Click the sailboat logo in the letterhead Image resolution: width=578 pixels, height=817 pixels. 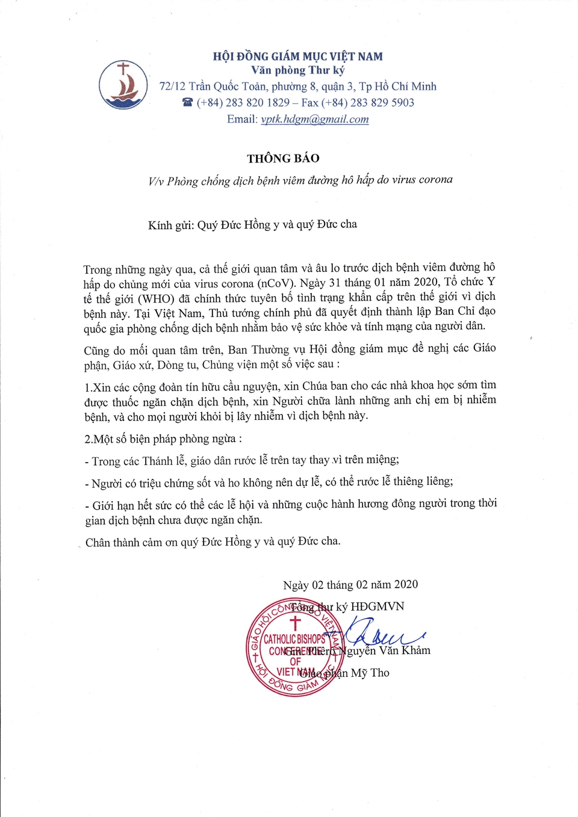(123, 85)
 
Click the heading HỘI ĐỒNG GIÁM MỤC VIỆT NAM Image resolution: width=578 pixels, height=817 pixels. (297, 57)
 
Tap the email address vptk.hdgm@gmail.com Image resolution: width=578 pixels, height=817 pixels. (315, 119)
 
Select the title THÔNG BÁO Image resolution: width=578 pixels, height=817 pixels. (283, 158)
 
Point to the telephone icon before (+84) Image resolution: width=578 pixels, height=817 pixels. (187, 103)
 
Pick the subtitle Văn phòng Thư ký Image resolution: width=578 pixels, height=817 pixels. (297, 70)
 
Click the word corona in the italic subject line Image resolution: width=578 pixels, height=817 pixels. (432, 179)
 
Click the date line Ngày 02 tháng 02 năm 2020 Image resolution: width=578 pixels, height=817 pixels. (350, 585)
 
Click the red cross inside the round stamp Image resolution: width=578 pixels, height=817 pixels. (295, 623)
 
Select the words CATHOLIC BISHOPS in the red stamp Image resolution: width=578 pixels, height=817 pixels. (294, 639)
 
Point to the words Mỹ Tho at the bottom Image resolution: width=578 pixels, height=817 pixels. (370, 673)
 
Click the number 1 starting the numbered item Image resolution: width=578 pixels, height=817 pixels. (87, 387)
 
